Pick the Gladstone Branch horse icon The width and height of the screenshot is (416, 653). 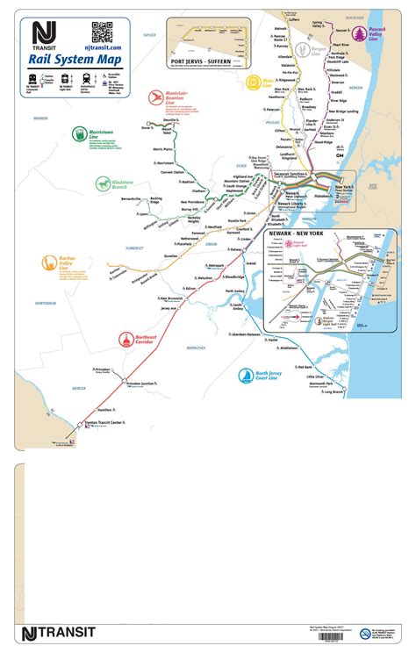(104, 183)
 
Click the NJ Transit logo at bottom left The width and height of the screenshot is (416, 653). (58, 633)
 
